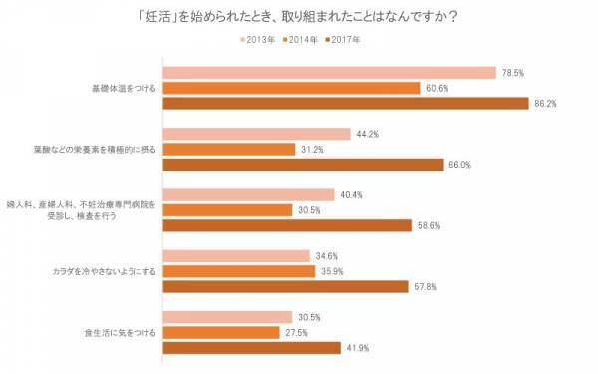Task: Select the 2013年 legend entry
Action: tap(258, 40)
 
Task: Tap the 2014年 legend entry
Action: tap(305, 40)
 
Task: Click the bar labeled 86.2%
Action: tap(345, 103)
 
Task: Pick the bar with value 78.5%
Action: tap(329, 72)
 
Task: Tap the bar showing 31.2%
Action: tap(228, 149)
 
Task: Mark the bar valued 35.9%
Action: tap(238, 270)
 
